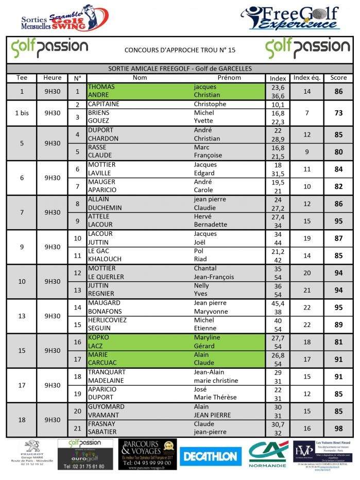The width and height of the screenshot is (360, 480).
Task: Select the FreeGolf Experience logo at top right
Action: (292, 18)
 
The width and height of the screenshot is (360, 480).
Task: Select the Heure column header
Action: (53, 78)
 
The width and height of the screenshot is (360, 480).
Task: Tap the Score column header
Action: (338, 78)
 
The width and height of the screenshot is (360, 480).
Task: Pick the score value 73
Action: (338, 113)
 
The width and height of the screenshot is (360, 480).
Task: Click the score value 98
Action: (338, 428)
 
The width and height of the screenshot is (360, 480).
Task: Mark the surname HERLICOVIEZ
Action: (109, 320)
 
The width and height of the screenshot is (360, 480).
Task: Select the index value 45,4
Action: (278, 303)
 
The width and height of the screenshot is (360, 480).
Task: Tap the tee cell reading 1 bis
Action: (22, 113)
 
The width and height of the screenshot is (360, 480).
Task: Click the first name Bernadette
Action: (210, 225)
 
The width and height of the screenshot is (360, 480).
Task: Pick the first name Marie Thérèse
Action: (215, 398)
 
